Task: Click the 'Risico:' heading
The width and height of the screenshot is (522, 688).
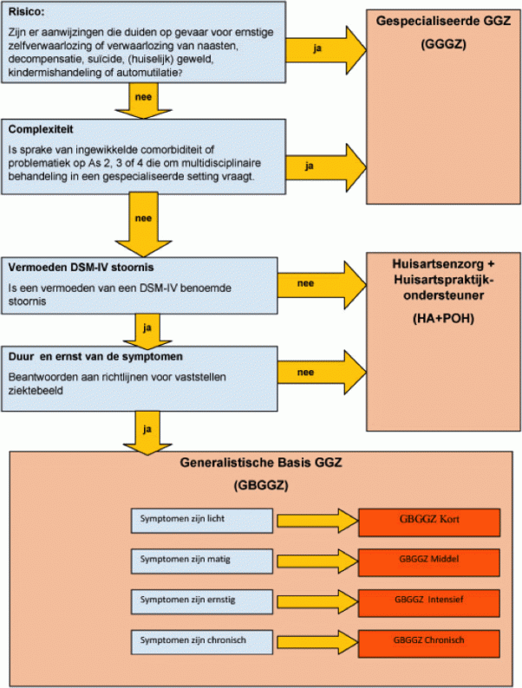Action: [26, 12]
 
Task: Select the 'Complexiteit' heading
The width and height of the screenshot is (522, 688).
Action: [41, 129]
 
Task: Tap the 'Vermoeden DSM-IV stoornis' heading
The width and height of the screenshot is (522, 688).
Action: [81, 267]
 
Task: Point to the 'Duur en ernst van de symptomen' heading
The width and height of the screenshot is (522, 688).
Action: [95, 357]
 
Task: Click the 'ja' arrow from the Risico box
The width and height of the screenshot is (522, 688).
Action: [326, 49]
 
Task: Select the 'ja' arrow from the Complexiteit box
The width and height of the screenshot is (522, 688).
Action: [326, 167]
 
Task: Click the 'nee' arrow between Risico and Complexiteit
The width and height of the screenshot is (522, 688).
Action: [144, 101]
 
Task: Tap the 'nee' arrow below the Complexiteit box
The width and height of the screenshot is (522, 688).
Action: [144, 224]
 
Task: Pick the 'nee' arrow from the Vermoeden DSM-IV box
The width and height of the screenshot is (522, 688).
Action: [322, 285]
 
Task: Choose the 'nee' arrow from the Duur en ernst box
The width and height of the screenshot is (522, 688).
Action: [322, 373]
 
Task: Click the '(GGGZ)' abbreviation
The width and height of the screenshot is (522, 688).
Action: [443, 44]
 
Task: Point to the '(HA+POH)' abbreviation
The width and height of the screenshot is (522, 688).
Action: [443, 318]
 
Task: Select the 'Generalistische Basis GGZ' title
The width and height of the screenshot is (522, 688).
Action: [261, 463]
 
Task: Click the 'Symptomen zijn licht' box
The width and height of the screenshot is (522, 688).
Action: [202, 521]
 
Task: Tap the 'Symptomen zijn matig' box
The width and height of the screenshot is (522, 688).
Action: [202, 561]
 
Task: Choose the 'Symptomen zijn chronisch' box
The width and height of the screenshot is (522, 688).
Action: [202, 642]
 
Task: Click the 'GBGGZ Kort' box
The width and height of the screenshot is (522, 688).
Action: [429, 522]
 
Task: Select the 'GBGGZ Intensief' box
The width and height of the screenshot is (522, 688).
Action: [429, 603]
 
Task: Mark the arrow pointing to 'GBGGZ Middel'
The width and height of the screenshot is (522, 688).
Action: [318, 561]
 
